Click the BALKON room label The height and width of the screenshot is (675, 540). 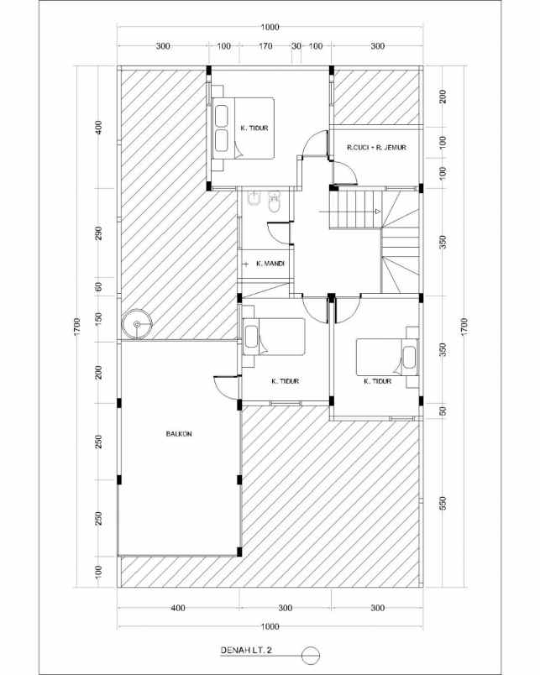click(x=178, y=434)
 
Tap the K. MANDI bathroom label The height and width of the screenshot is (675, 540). click(x=270, y=264)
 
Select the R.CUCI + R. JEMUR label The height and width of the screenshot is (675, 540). click(x=376, y=148)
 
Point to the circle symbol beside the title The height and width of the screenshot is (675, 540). click(x=311, y=652)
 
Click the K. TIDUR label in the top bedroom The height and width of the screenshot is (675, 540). click(x=254, y=128)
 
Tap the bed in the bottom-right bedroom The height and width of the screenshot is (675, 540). click(x=387, y=357)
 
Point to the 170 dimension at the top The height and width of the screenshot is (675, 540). click(x=265, y=47)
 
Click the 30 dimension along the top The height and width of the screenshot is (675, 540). click(x=296, y=47)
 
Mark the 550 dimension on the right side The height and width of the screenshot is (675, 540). click(x=443, y=504)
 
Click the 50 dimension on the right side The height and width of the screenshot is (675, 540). click(x=443, y=411)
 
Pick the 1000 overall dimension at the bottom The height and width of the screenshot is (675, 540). click(x=270, y=626)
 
